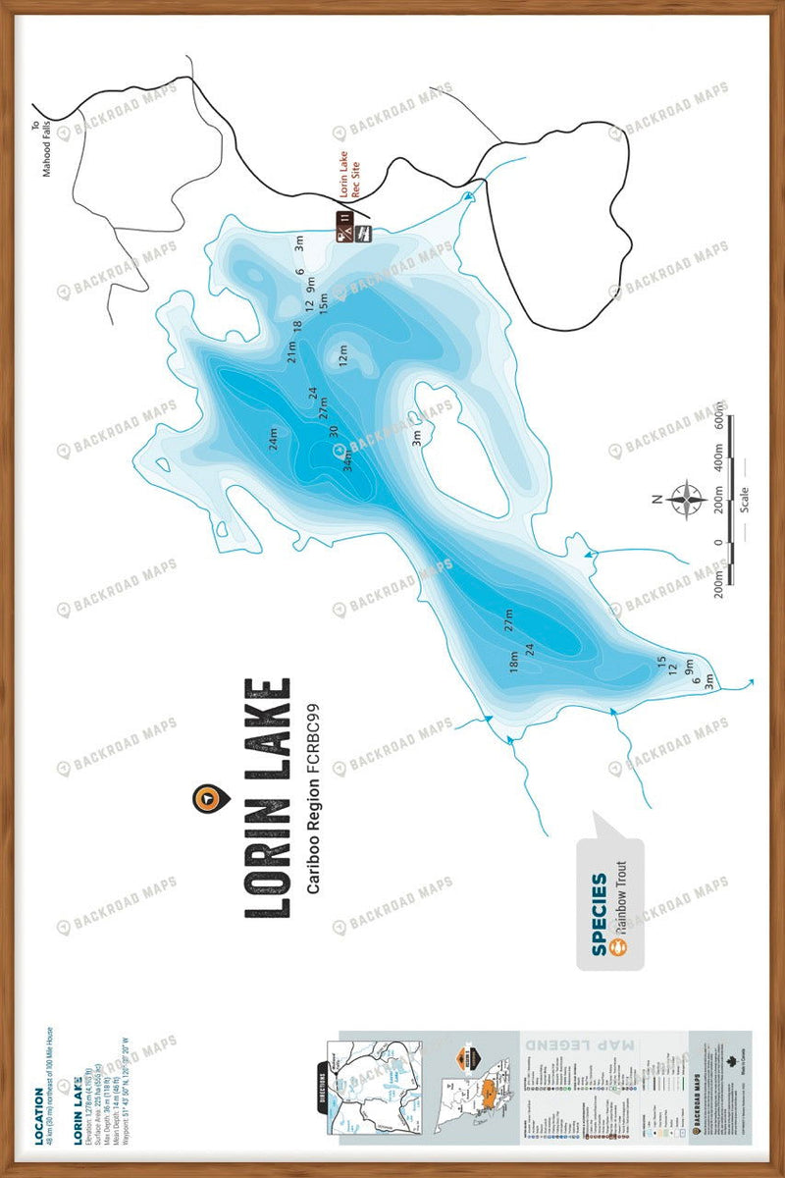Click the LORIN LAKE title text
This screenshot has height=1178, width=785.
point(268,797)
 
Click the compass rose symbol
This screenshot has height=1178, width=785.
point(687,499)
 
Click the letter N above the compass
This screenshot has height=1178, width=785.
point(656,499)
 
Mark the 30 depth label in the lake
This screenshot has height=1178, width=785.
point(335,432)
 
